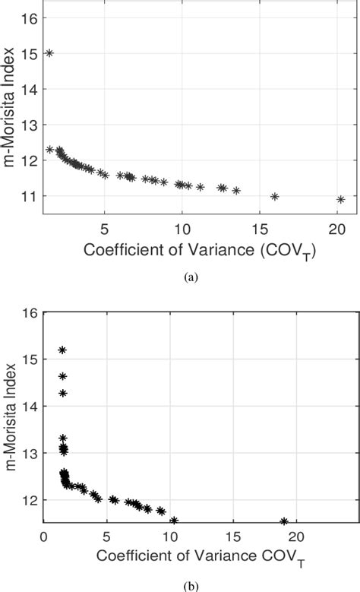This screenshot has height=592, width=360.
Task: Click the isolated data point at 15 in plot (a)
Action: coord(49,53)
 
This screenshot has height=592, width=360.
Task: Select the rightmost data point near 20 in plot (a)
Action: coord(341,200)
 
